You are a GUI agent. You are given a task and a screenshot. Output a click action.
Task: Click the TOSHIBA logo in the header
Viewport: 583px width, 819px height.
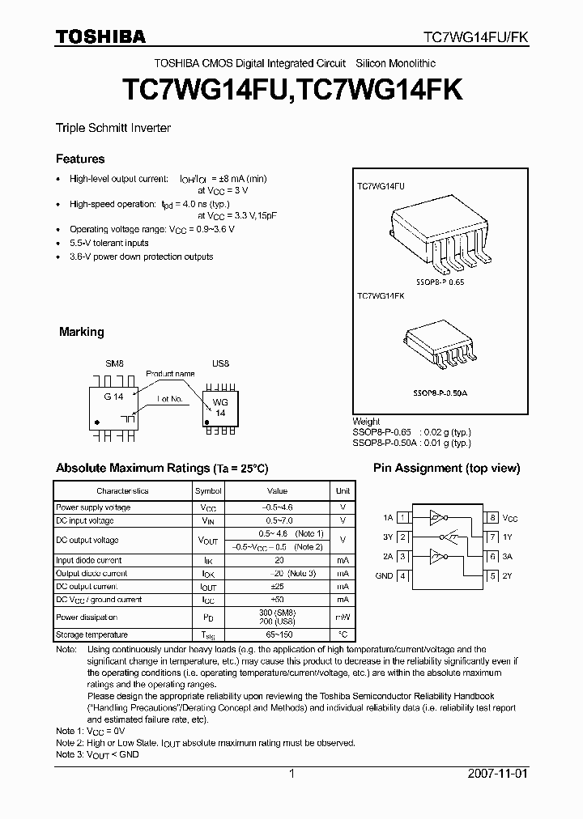(100, 36)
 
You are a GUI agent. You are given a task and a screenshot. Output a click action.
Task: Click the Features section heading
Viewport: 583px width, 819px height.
(80, 159)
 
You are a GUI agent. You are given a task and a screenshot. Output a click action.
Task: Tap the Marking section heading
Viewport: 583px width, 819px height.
(82, 332)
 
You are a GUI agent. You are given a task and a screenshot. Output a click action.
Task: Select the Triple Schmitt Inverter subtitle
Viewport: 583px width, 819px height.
(113, 128)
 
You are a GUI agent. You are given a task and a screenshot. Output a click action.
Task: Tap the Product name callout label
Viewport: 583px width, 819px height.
(170, 373)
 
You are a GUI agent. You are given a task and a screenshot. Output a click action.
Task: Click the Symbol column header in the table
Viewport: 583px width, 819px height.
(208, 491)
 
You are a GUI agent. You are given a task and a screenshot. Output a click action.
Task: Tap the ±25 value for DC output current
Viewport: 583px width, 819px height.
(278, 586)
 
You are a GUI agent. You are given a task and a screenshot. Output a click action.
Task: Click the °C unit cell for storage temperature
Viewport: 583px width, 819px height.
(343, 634)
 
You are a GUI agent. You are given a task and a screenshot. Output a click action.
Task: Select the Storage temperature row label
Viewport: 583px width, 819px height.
(92, 634)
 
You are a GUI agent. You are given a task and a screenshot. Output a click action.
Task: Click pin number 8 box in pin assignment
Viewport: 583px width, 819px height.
(492, 517)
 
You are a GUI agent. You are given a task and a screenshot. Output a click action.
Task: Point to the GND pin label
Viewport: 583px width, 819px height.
(384, 576)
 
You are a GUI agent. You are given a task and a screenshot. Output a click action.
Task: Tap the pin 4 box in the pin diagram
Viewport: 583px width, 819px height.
(403, 576)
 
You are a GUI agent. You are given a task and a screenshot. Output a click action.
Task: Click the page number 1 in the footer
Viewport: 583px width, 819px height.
(291, 773)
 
